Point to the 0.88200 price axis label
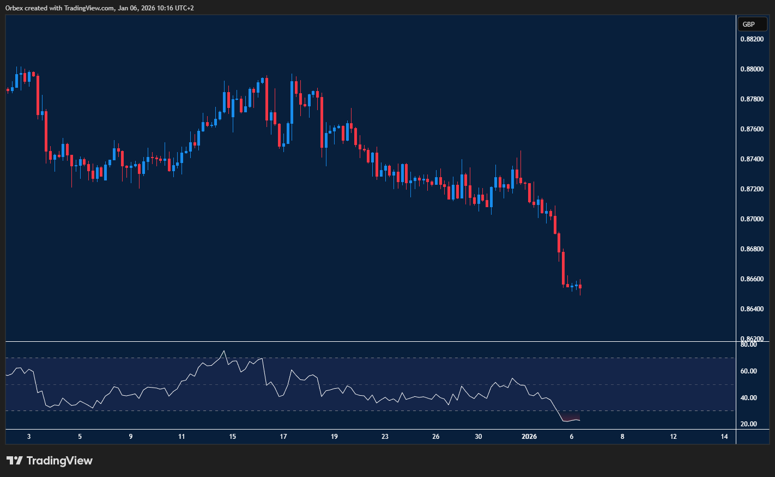coord(751,39)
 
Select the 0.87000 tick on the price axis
coord(751,219)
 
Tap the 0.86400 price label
coord(751,309)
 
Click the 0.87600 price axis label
coord(751,129)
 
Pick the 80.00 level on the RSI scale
coord(748,345)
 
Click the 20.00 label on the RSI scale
coord(748,424)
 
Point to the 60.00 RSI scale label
coord(748,371)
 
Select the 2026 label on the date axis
coord(529,437)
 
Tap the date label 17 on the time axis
coord(283,437)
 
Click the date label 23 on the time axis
coord(385,437)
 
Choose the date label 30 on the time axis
coord(479,437)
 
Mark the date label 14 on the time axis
coord(724,437)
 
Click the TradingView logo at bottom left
coord(50,461)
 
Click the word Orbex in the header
coord(14,8)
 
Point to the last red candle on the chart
coord(580,286)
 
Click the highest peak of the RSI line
coord(224,351)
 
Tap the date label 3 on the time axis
coord(29,437)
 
